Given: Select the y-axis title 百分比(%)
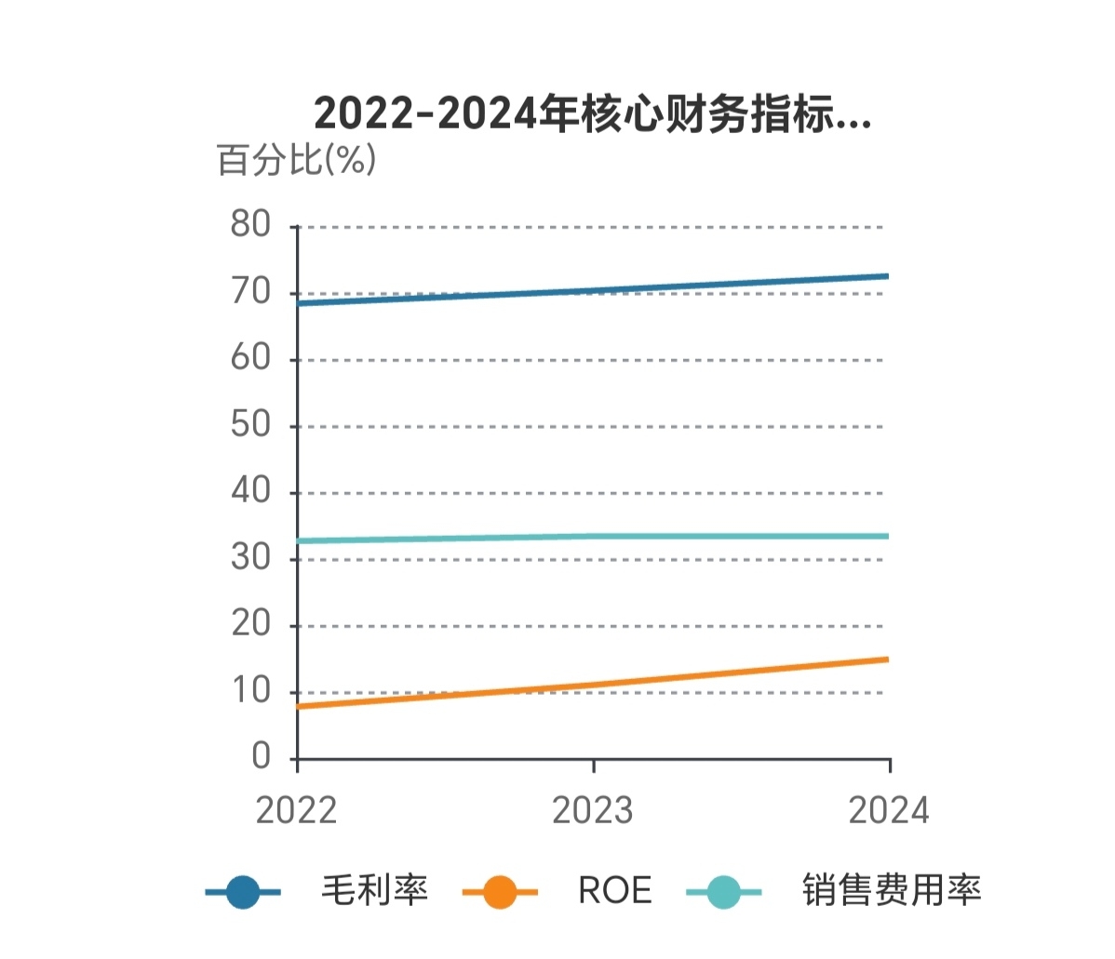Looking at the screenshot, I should coord(296,160).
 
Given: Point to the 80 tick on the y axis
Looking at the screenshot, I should coord(250,225).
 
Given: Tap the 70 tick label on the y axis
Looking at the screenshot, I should coord(250,292).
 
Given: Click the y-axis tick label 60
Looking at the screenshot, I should coord(250,358).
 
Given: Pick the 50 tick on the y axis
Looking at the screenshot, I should coord(250,425).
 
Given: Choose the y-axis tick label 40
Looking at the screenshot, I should coord(250,491).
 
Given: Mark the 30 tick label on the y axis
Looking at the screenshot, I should coord(250,558).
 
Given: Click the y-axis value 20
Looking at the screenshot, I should coord(250,624).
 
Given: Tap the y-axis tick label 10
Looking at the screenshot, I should coord(250,691).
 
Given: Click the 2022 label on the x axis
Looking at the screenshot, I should coord(296,811).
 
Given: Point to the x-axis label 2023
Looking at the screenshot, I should coord(593,811).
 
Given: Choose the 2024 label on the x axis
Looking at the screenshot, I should coord(889,811).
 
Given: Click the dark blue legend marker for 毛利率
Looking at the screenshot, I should coord(243,892).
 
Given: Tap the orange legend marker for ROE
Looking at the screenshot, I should coord(500,892).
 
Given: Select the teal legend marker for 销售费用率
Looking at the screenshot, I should coord(723,892).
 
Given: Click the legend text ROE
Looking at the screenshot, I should coord(614,891).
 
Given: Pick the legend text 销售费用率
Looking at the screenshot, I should coord(892,891).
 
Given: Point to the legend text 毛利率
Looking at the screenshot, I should coord(374,891).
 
